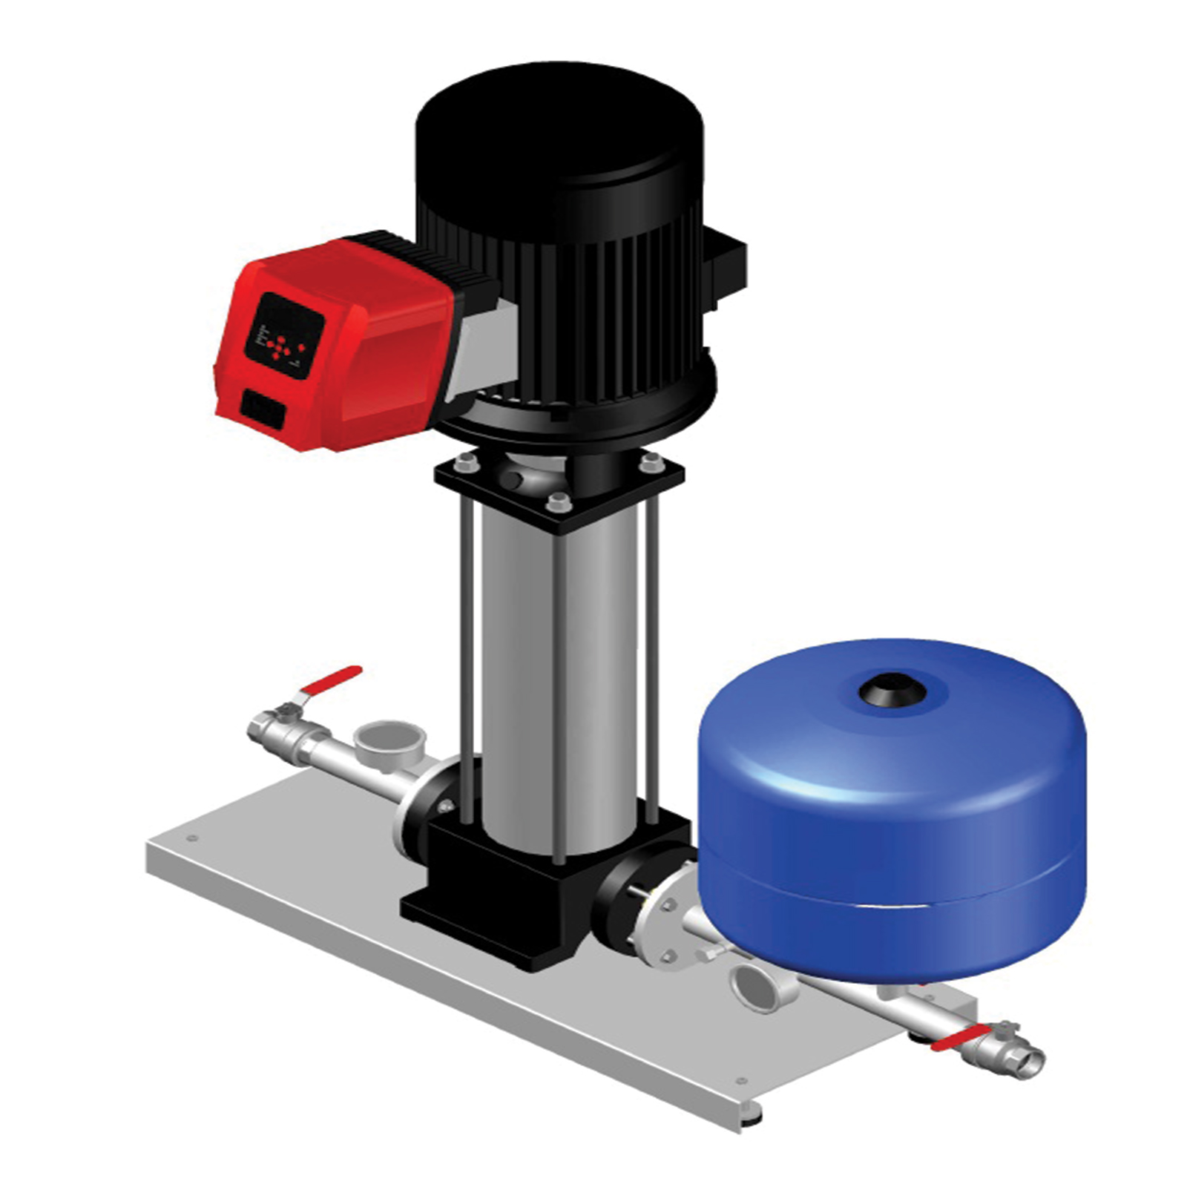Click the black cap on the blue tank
[892, 691]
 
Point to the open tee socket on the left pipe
[389, 738]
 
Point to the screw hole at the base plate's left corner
[193, 839]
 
